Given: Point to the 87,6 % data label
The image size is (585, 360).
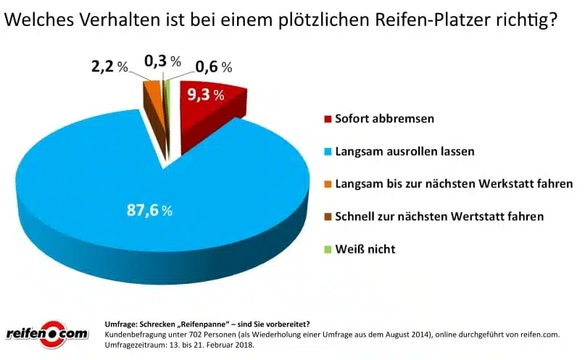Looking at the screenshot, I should tap(149, 211).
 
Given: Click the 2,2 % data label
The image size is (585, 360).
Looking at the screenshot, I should tap(109, 67).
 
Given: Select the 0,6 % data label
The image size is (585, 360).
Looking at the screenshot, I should tap(213, 67).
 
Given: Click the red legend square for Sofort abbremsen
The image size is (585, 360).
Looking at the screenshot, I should tap(328, 119).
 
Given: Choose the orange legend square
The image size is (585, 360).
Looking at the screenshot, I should tap(328, 184).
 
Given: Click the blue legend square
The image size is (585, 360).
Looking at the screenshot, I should tap(328, 151).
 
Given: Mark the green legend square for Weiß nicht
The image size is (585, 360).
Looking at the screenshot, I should tap(328, 249).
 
